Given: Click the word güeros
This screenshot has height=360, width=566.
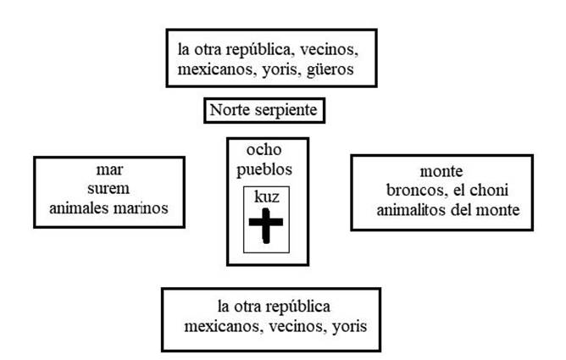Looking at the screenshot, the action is (330, 70).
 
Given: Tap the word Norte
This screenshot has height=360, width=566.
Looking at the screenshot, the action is (230, 109).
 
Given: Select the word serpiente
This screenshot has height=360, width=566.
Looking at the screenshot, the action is (286, 110).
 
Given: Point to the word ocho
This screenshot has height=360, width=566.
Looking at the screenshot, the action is (264, 150).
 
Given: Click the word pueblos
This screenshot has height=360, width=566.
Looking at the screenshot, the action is (264, 170).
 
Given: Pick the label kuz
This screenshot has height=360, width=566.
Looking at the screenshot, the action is (267, 197).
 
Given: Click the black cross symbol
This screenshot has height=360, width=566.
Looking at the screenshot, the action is (266, 225).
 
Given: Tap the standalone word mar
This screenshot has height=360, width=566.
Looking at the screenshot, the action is (109, 170).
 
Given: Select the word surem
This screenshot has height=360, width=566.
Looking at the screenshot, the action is (108, 189).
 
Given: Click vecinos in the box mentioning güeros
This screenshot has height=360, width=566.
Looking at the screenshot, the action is (329, 50).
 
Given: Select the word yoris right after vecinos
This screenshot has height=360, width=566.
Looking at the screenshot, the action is (349, 327).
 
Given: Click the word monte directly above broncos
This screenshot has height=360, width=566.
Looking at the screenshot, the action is (441, 171).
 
